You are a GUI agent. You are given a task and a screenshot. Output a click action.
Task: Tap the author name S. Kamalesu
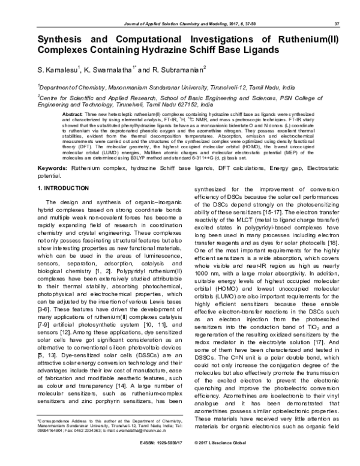59,70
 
